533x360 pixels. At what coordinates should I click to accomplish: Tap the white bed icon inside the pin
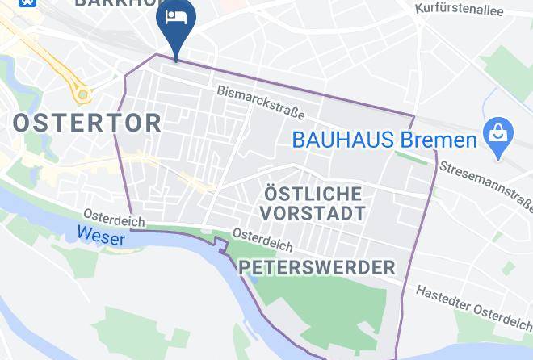175,17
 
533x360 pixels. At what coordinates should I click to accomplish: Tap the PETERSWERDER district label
318,267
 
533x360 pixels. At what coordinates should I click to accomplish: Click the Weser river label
102,238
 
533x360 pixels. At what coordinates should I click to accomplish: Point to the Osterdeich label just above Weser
114,217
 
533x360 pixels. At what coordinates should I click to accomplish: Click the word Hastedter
446,297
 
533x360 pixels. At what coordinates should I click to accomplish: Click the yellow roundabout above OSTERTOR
82,94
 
